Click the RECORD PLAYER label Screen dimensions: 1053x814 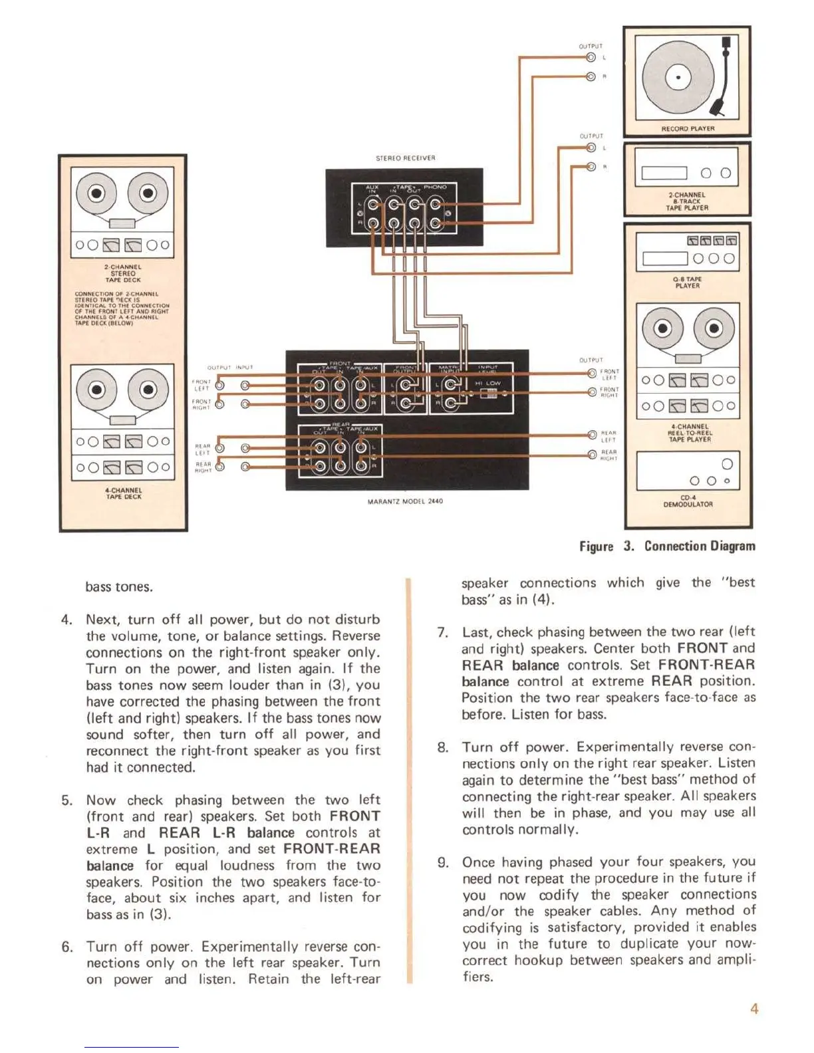click(688, 128)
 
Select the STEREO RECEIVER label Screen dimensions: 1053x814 click(405, 158)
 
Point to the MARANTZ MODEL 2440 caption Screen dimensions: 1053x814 click(405, 501)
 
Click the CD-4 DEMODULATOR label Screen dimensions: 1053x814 click(688, 501)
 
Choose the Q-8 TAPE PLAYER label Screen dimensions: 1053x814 click(688, 283)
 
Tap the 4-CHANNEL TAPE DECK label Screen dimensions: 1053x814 click(123, 493)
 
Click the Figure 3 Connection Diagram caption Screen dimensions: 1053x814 click(667, 546)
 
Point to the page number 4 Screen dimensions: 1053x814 click(753, 1008)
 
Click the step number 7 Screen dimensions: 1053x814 click(442, 632)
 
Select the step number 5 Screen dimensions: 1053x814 click(67, 800)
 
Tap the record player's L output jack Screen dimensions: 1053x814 click(591, 57)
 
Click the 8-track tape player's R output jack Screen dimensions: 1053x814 click(591, 166)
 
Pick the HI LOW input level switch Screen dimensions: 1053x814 click(492, 393)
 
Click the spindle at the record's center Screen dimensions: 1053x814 click(678, 78)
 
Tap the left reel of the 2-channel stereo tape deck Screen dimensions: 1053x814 click(97, 193)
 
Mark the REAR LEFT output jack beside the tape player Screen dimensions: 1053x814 click(592, 435)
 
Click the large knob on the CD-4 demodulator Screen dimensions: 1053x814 click(727, 464)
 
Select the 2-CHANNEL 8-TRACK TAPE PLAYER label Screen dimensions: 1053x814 click(688, 201)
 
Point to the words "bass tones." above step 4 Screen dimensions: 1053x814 click(119, 587)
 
